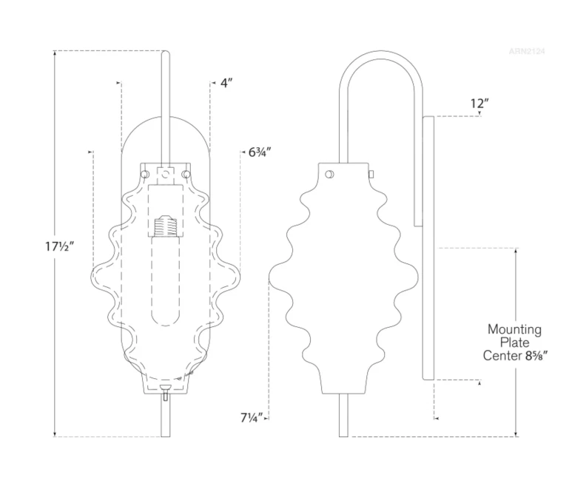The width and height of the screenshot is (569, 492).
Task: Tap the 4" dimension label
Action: [x=227, y=83]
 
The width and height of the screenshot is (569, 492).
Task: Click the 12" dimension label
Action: [x=479, y=104]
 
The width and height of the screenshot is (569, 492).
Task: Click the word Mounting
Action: [x=514, y=329]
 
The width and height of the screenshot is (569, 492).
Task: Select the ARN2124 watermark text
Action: [x=527, y=51]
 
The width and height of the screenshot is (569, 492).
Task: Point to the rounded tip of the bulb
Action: [x=166, y=323]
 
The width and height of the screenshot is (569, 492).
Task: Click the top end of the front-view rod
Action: [x=166, y=53]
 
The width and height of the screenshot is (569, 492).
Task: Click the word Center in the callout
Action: [x=503, y=355]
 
